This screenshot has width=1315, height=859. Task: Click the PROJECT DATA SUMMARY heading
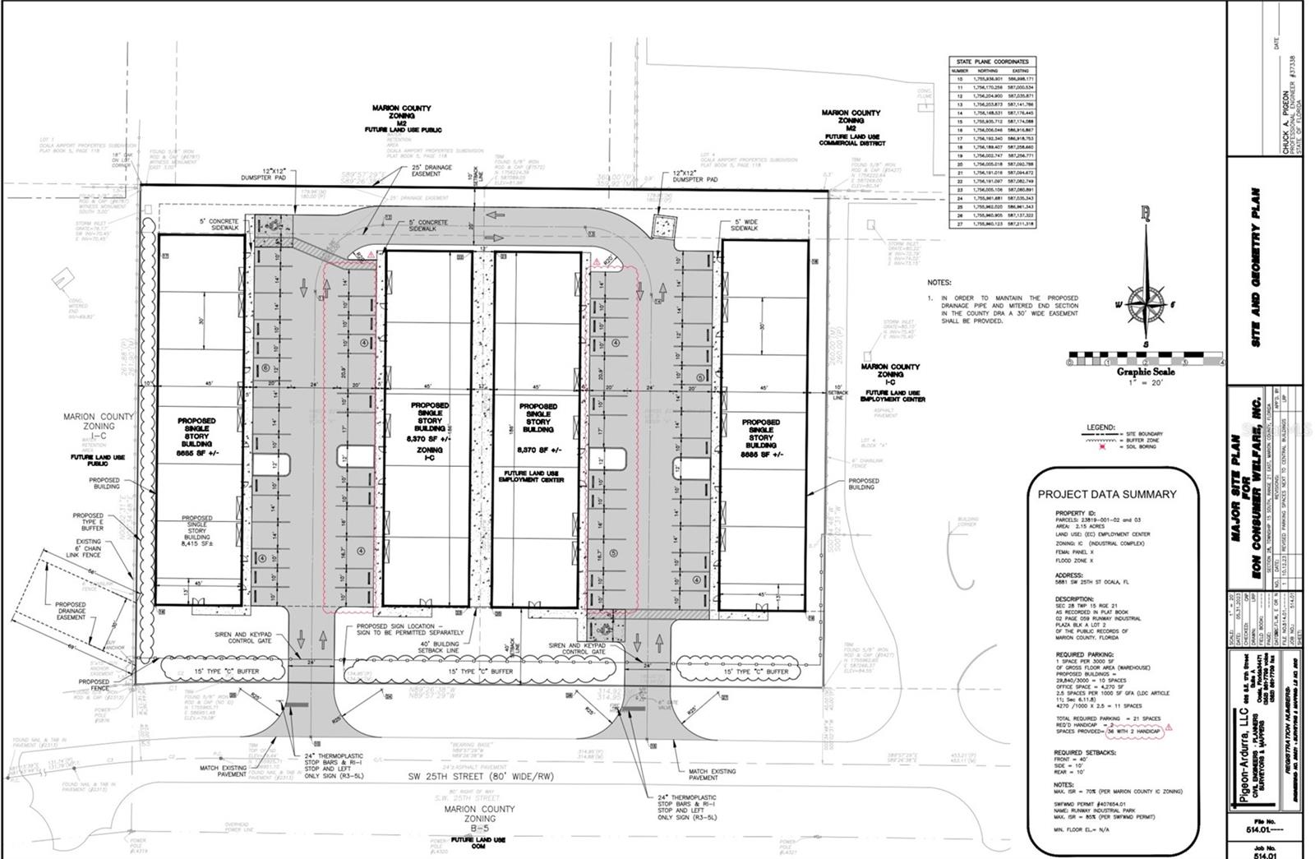point(1106,494)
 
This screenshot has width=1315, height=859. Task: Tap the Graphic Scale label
point(1146,372)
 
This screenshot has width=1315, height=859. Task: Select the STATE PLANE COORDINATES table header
point(990,62)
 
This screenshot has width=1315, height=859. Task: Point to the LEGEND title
point(1100,427)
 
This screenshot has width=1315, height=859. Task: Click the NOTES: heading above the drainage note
point(939,283)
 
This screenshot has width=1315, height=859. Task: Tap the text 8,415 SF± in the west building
point(197,543)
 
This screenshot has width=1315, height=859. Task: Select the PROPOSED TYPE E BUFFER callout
point(90,522)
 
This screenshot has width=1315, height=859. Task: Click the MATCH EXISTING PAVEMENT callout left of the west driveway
point(224,771)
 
